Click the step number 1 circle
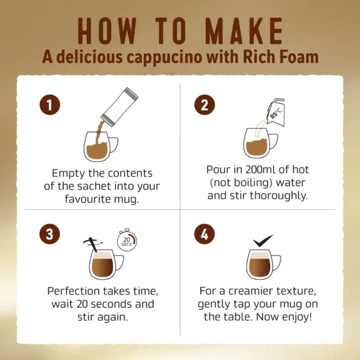pyautogui.click(x=50, y=105)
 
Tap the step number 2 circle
pyautogui.click(x=205, y=105)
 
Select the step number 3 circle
pyautogui.click(x=50, y=234)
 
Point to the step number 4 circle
pyautogui.click(x=205, y=234)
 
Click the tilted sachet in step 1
pyautogui.click(x=120, y=107)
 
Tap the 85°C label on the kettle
pyautogui.click(x=276, y=113)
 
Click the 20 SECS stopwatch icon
pyautogui.click(x=127, y=240)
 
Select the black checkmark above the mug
pyautogui.click(x=263, y=241)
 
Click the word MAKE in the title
pyautogui.click(x=244, y=31)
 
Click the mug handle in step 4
pyautogui.click(x=277, y=262)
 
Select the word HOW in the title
pyautogui.click(x=107, y=31)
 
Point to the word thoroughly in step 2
pyautogui.click(x=278, y=196)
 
